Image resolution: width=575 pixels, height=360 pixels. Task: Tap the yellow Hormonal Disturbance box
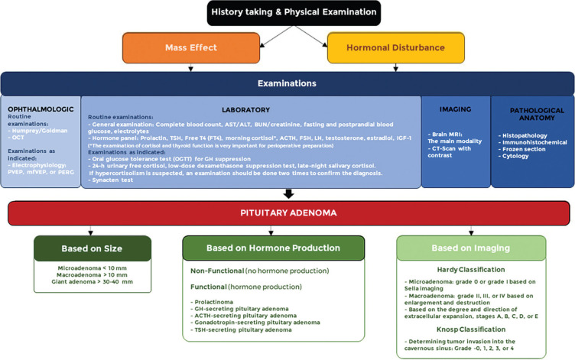pyautogui.click(x=396, y=47)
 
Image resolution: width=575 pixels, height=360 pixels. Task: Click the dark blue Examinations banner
pyautogui.click(x=287, y=83)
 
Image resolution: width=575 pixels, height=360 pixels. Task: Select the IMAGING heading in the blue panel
pyautogui.click(x=455, y=109)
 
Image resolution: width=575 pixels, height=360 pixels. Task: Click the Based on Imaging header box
pyautogui.click(x=469, y=248)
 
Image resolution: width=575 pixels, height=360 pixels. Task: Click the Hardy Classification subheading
pyautogui.click(x=469, y=270)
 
